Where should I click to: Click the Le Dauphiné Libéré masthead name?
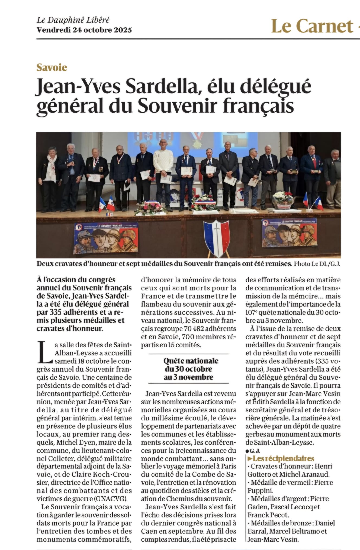pyautogui.click(x=73, y=20)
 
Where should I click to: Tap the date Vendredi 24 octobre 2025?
pyautogui.click(x=84, y=30)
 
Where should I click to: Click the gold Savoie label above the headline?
pyautogui.click(x=52, y=67)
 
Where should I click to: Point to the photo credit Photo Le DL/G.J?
pyautogui.click(x=316, y=264)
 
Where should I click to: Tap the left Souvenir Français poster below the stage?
pyautogui.click(x=105, y=238)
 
